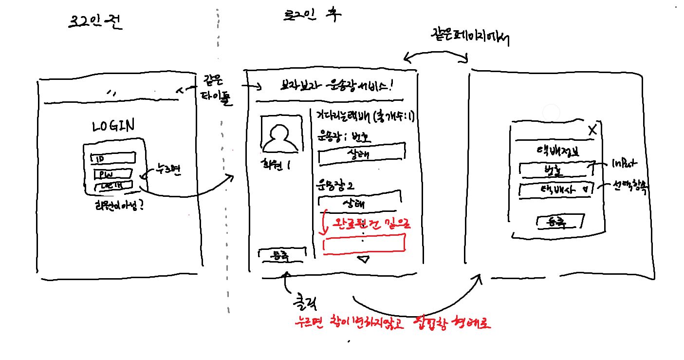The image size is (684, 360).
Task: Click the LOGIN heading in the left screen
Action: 113,126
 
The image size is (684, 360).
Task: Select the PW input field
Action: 113,173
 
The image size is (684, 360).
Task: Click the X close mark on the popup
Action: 592,130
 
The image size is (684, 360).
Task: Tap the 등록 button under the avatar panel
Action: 282,254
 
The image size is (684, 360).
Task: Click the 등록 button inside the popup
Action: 560,222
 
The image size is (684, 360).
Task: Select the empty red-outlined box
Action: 364,243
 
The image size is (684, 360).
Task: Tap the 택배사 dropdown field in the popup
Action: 556,189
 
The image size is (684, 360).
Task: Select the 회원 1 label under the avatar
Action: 276,165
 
